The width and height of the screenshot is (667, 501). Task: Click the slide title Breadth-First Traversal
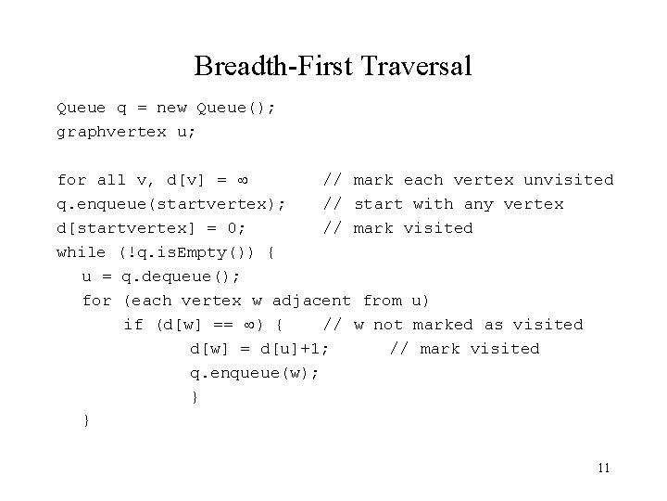[x=333, y=66]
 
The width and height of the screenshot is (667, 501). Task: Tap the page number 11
[x=603, y=468]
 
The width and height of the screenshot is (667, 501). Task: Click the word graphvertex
[x=111, y=131]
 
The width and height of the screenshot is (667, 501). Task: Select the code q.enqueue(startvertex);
[x=170, y=204]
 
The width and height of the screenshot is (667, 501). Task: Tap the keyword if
[x=134, y=325]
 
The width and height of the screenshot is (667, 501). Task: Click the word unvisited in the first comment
[x=569, y=180]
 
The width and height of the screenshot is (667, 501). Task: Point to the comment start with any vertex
[x=459, y=204]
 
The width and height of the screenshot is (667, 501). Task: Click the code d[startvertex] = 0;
[x=158, y=228]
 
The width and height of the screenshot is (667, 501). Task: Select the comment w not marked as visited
[x=469, y=325]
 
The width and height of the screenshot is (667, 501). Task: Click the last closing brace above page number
[x=86, y=420]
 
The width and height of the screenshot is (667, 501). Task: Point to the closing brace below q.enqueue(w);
[x=195, y=397]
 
